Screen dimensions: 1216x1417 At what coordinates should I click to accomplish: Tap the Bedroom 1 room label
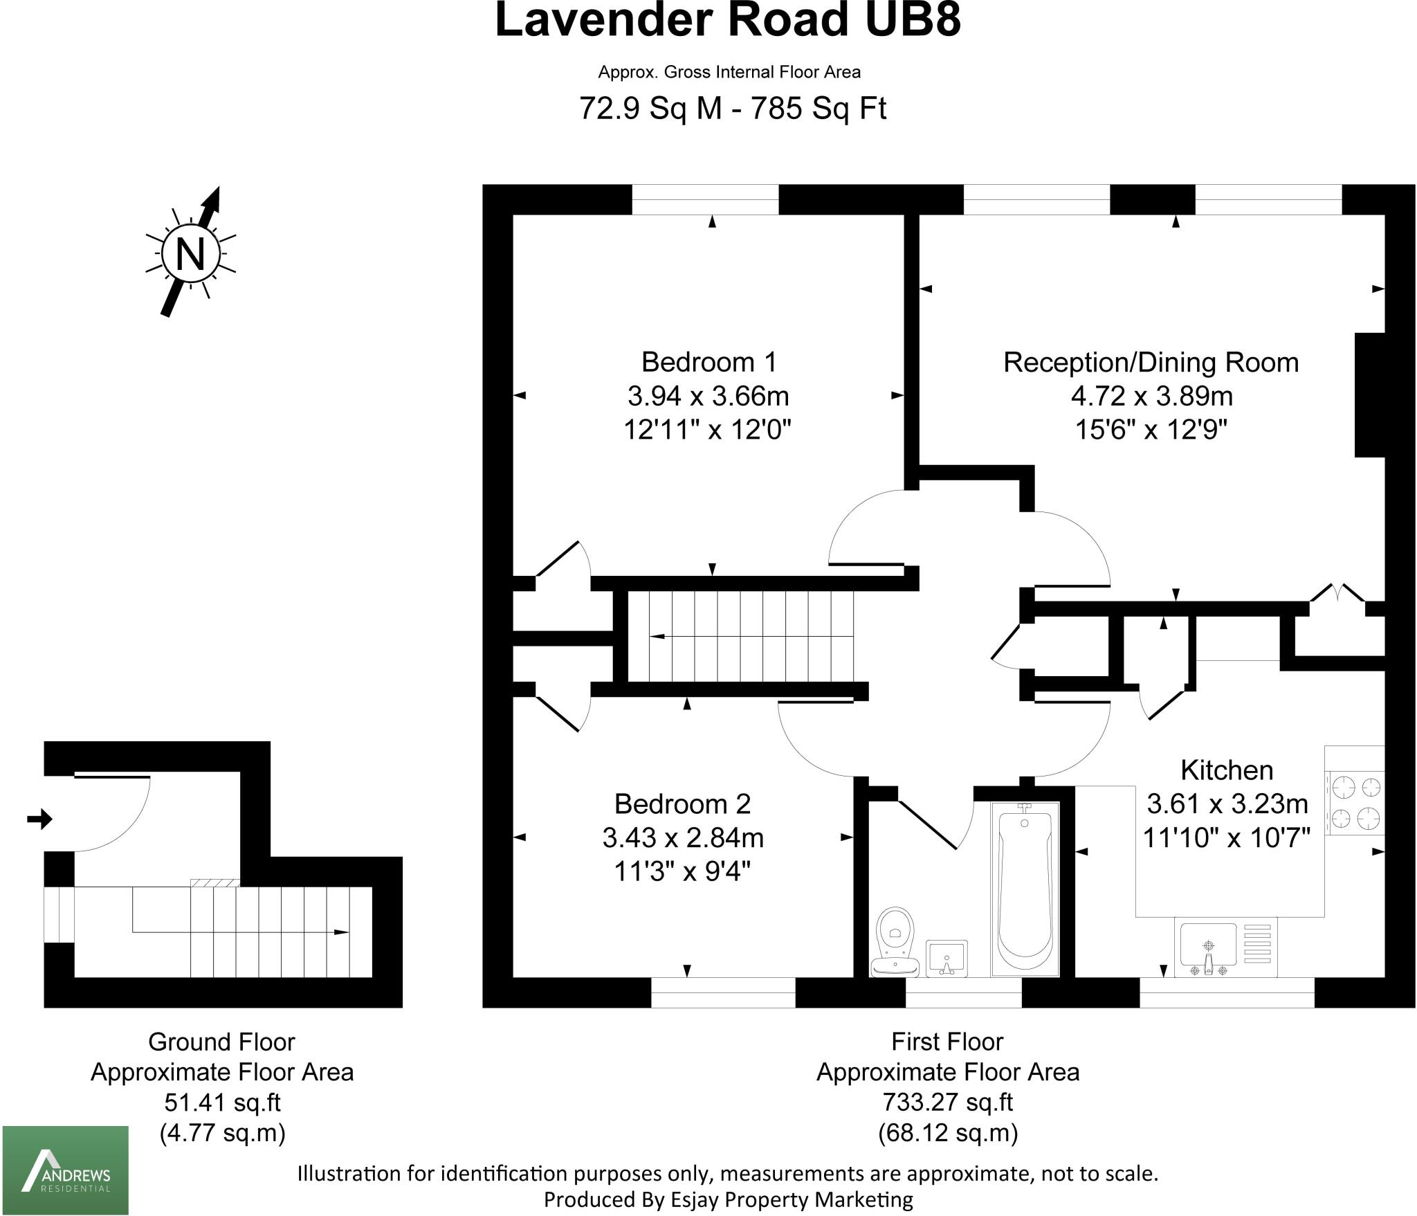point(708,362)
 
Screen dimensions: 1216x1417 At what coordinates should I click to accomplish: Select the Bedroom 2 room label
point(682,804)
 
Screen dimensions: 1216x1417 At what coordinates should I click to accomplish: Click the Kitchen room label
point(1227,770)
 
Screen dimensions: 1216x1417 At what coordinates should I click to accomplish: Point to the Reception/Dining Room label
point(1151,363)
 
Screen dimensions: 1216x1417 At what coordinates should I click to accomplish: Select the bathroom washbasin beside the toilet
point(947,958)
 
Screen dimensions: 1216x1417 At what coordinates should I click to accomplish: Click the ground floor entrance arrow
point(39,819)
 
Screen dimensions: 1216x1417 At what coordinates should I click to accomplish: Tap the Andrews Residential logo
point(66,1170)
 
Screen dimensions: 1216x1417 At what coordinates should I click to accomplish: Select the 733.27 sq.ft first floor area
point(947,1101)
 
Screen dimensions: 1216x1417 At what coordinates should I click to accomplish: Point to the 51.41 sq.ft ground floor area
point(222,1101)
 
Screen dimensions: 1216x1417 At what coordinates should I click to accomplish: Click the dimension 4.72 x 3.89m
point(1151,397)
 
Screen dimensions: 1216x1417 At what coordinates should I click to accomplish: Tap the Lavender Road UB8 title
point(728,21)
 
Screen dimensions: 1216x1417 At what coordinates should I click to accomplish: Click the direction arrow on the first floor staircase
point(657,637)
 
